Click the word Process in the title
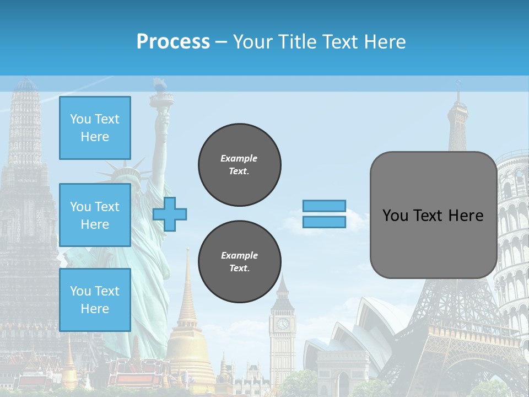[173, 42]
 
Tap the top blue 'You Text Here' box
[95, 128]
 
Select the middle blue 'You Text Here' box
[95, 215]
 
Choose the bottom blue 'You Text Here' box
[95, 300]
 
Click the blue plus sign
[170, 214]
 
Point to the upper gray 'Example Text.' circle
[239, 165]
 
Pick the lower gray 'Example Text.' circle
[239, 262]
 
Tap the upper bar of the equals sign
[324, 206]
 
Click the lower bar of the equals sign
[324, 222]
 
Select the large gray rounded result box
[433, 215]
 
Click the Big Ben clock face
[283, 324]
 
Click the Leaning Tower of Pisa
[512, 232]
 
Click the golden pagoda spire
[187, 292]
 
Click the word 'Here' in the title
[384, 42]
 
